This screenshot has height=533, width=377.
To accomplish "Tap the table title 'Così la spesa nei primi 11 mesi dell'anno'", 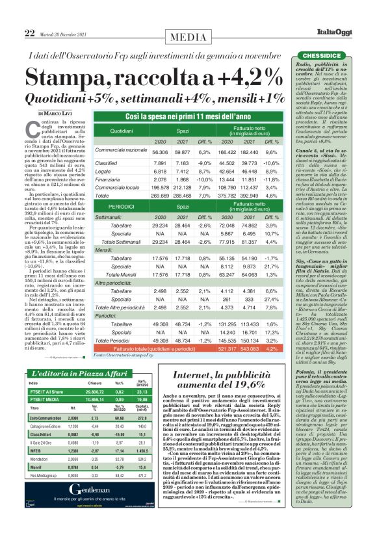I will [x=179, y=116].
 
